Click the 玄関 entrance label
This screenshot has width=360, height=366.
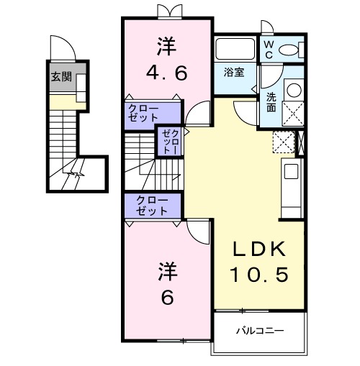(61, 77)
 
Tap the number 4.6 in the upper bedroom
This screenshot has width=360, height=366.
(166, 73)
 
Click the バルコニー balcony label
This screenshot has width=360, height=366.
(260, 331)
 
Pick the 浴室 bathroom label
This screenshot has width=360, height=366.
(233, 73)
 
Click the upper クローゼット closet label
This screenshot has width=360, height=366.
(145, 112)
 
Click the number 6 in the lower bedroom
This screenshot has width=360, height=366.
(166, 296)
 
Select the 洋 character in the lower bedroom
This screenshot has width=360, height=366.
(166, 271)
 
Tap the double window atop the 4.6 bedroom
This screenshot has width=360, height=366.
(167, 12)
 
